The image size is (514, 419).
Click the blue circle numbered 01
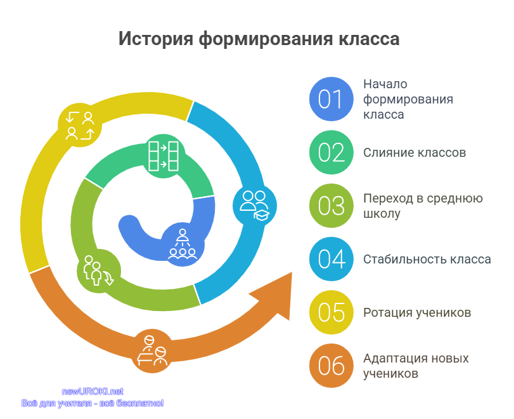coord(331,99)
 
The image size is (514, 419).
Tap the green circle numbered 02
coord(331,152)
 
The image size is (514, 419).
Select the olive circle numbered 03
coord(331,206)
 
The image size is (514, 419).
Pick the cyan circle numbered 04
coord(331,259)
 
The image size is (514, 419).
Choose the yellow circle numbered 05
coord(331,312)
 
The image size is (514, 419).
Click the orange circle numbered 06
coord(331,366)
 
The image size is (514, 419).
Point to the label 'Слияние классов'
coord(414,153)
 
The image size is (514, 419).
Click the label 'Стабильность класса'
coord(427,260)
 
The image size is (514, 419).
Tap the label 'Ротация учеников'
coord(417,312)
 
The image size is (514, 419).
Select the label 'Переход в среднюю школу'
coord(423,206)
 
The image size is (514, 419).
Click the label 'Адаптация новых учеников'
coord(416,366)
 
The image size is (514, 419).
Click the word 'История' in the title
coord(156,39)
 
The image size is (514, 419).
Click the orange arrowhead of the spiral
coord(274,295)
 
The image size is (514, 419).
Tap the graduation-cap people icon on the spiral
coord(255,206)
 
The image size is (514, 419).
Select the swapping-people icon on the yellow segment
coord(80,126)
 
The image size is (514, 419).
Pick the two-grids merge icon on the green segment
coord(164,156)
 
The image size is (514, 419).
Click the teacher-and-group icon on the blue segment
coord(183,244)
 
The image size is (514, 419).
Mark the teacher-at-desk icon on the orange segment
coord(153,350)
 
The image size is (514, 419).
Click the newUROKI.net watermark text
coord(93,392)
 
